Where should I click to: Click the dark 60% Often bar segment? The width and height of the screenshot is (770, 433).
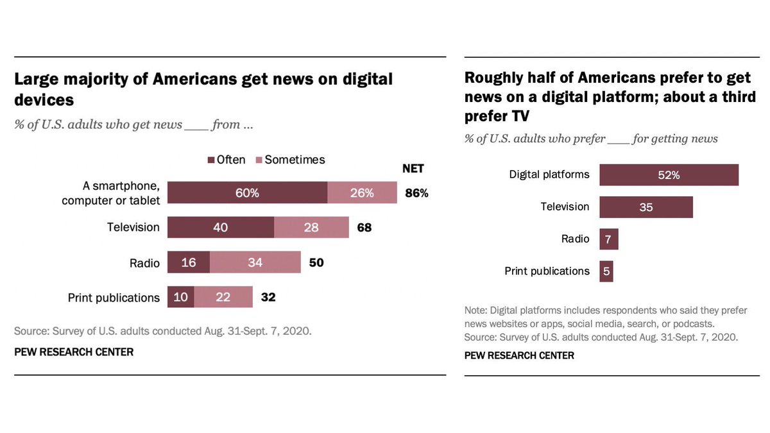click(248, 192)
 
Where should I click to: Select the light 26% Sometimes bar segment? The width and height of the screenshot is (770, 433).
click(362, 192)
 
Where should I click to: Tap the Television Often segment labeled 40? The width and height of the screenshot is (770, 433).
click(221, 227)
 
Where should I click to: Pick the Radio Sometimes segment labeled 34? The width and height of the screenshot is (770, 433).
click(255, 262)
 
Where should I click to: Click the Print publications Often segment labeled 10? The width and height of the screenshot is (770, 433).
click(181, 297)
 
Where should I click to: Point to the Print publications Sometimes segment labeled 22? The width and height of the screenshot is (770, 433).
click(223, 297)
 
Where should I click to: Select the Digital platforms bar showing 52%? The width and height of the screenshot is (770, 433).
click(669, 175)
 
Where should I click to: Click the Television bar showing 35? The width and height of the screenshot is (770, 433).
click(646, 207)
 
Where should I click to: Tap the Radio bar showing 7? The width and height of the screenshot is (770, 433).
click(609, 239)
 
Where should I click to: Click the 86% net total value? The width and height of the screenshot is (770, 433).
click(416, 192)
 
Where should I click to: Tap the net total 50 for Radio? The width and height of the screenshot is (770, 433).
click(316, 262)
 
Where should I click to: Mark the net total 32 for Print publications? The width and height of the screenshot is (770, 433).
click(268, 297)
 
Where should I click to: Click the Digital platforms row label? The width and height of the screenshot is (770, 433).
click(549, 174)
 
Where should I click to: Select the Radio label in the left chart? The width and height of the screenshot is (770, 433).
click(144, 262)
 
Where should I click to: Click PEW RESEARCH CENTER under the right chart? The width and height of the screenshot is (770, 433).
click(519, 355)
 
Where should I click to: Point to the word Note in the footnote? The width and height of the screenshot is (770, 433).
click(475, 310)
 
